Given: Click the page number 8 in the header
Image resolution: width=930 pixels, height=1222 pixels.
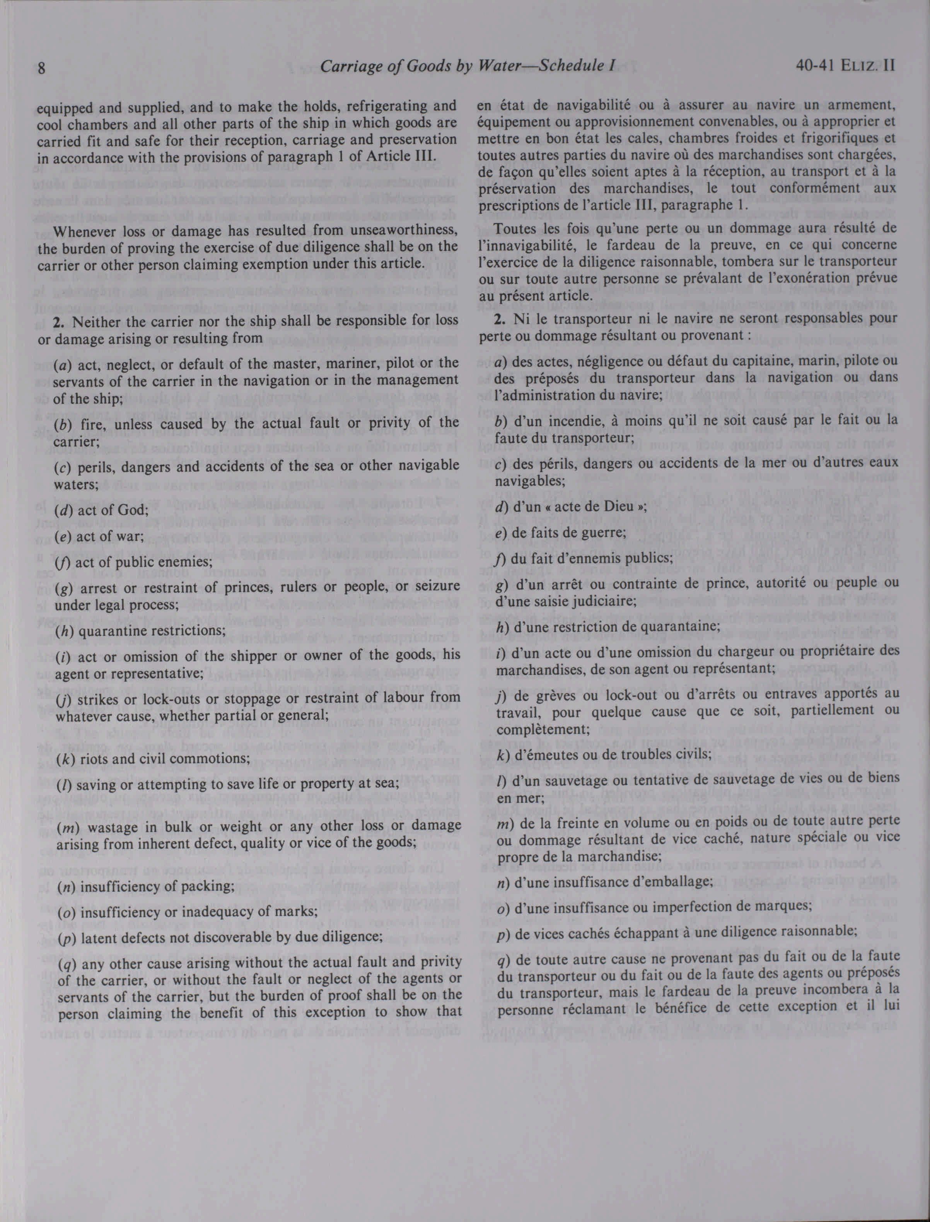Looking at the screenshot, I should click(41, 68).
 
